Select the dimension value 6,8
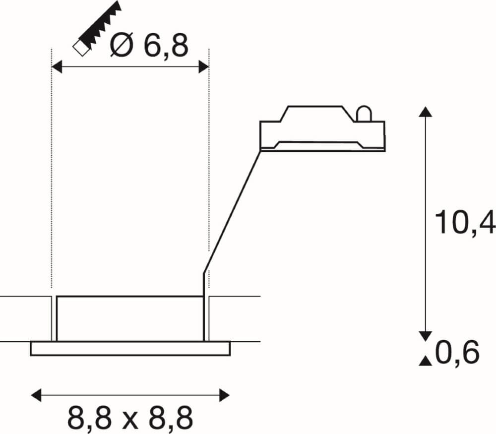tap(167, 46)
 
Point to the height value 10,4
tap(464, 222)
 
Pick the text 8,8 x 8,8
tap(130, 418)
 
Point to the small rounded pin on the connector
tap(363, 114)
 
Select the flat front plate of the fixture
tap(130, 348)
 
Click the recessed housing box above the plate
tap(130, 318)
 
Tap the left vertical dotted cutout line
tap(52, 169)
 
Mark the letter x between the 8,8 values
tap(130, 419)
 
